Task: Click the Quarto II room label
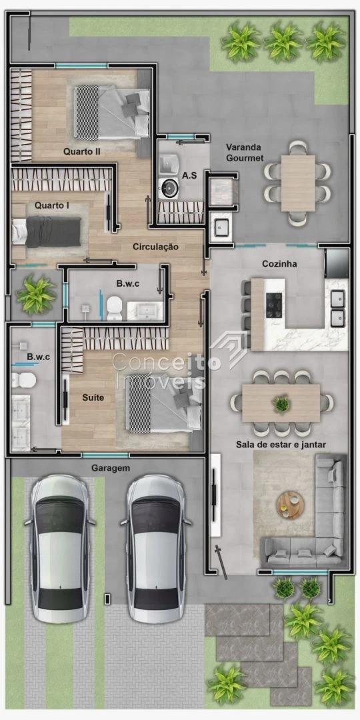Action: (82, 151)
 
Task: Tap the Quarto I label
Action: (52, 205)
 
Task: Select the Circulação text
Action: (155, 247)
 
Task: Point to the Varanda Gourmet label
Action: (244, 153)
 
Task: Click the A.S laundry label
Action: (189, 175)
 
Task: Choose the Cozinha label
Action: (279, 264)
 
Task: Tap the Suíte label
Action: (93, 397)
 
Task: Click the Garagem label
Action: (111, 469)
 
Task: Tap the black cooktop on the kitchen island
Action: (274, 305)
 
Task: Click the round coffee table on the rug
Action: (290, 505)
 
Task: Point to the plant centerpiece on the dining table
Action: (281, 404)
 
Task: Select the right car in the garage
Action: (156, 549)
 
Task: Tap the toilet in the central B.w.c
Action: (114, 308)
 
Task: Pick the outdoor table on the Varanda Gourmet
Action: (298, 183)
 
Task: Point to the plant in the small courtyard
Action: (36, 295)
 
